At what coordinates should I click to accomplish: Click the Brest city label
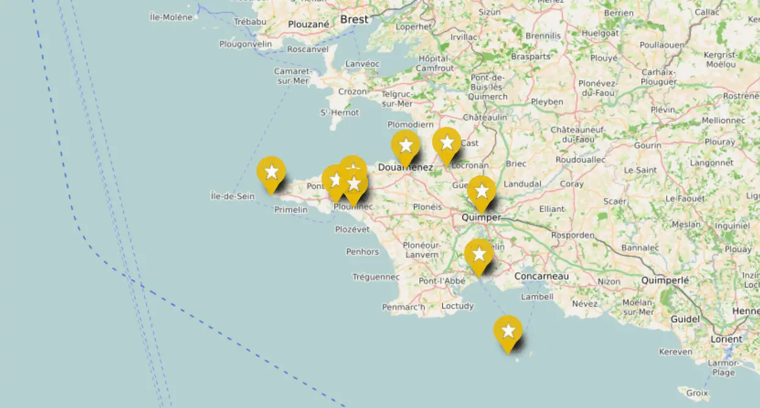pos(354,19)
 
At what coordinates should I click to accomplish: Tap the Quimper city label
pos(481,217)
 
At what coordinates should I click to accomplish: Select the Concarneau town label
pos(541,276)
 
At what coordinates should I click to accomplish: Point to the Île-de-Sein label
pos(232,196)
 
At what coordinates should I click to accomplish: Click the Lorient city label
pos(726,339)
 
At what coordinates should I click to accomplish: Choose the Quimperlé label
pos(665,281)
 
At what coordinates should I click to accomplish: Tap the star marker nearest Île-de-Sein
pos(271,172)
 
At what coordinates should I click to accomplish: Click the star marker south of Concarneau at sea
pos(508,331)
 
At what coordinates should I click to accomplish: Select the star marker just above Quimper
pos(481,191)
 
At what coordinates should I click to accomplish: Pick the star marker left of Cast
pos(447,143)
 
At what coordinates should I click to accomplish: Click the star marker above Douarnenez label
pos(405,145)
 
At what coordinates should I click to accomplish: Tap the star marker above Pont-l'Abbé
pos(478,254)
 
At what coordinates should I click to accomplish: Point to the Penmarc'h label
pos(403,307)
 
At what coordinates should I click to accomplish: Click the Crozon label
pos(353,92)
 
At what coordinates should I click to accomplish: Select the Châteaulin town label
pos(485,117)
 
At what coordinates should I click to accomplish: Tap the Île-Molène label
pos(171,17)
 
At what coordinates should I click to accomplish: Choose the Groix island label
pos(697,393)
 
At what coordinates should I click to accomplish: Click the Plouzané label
pos(308,24)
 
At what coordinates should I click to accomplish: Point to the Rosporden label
pos(572,235)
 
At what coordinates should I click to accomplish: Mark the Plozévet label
pos(352,230)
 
